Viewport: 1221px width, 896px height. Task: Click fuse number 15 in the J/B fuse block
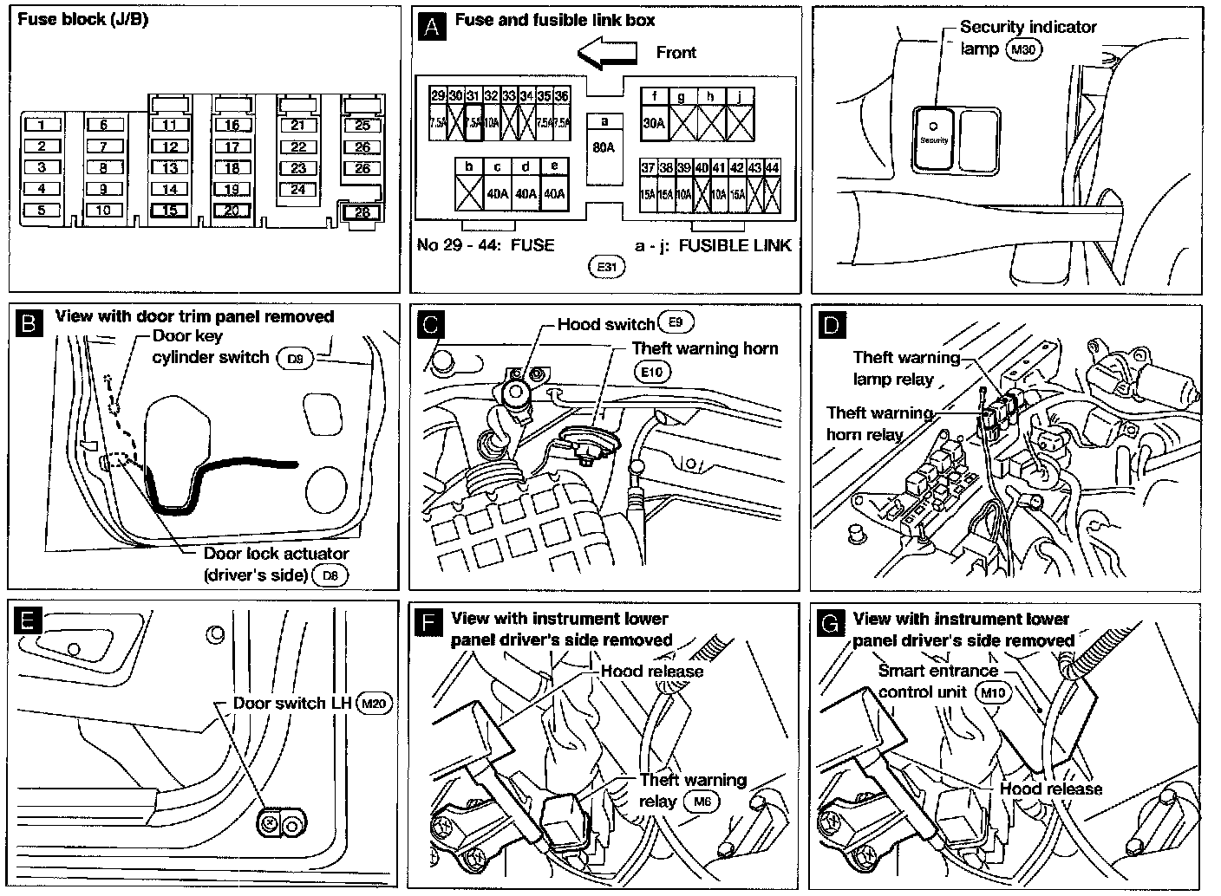170,210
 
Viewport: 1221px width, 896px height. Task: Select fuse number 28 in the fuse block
362,212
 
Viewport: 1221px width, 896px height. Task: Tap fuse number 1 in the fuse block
42,126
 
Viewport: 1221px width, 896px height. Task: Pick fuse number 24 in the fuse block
298,190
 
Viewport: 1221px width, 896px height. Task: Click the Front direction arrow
607,53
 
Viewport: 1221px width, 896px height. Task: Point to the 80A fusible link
604,147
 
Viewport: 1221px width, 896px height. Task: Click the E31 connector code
606,267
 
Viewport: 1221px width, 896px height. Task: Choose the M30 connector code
1022,50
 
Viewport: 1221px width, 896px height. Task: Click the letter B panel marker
29,323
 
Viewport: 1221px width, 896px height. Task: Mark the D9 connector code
294,358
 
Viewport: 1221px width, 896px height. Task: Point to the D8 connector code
330,575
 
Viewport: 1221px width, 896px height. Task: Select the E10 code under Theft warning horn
651,372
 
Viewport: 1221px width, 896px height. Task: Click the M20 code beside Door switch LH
375,704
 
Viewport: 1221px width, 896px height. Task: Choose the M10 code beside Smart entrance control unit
990,692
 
